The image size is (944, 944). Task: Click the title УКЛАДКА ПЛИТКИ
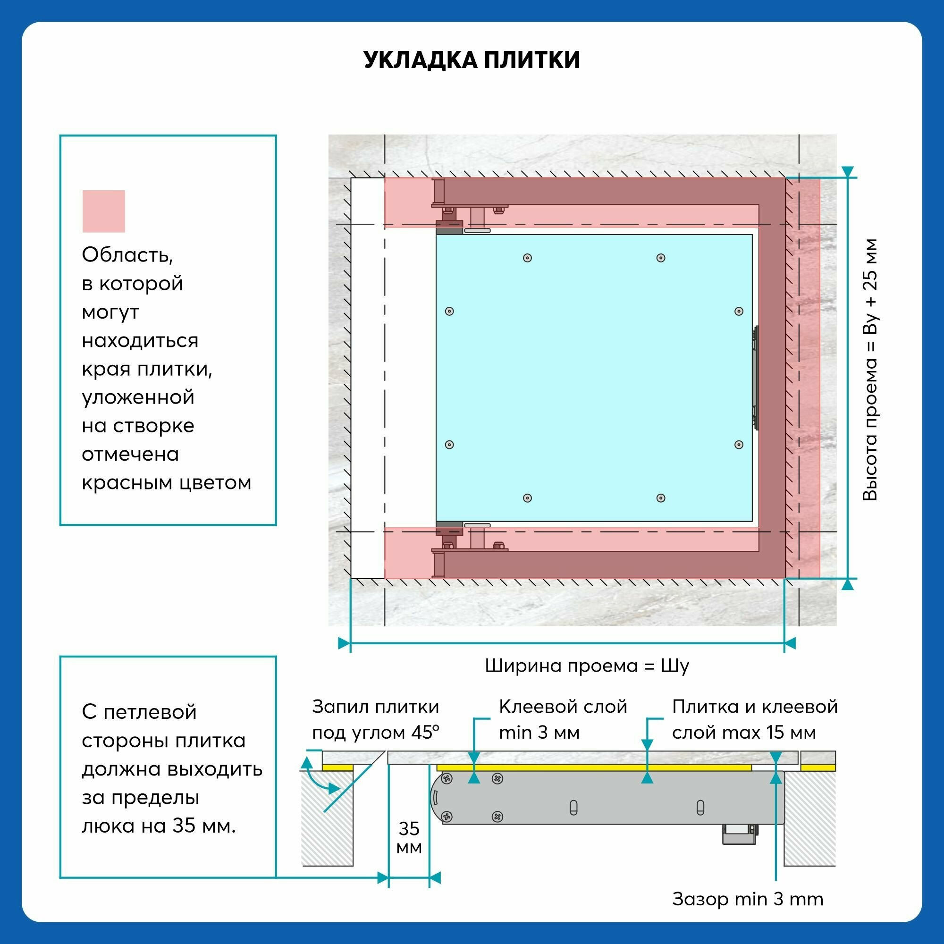point(472,59)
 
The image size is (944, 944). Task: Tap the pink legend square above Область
point(103,211)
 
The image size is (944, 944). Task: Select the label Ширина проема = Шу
point(587,666)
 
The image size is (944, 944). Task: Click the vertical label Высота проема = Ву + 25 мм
point(870,370)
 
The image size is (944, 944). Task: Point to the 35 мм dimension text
point(409,837)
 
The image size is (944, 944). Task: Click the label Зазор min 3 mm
point(748,899)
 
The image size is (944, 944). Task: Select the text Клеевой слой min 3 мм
point(563,719)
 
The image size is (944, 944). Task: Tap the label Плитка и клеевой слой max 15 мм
point(755,719)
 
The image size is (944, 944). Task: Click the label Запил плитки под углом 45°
point(376,719)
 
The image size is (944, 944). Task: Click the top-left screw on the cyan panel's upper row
point(527,258)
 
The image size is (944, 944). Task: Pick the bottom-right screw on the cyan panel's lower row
point(661,498)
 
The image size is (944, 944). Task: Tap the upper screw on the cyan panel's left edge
point(449,311)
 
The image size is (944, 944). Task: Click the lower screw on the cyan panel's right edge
point(739,445)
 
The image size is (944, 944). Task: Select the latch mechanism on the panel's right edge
point(755,378)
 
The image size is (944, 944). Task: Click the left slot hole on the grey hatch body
point(573,808)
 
